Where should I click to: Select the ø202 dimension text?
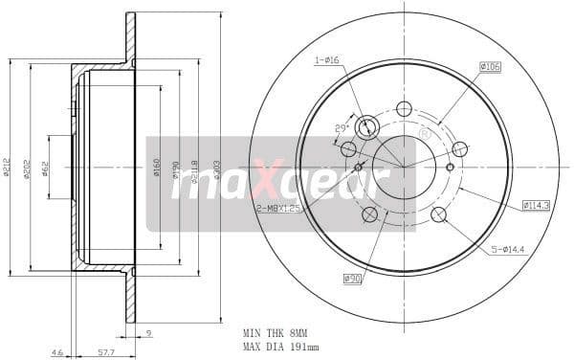[x=30, y=167]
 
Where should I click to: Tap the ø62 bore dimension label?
[x=47, y=167]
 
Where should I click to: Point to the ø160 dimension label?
[x=157, y=168]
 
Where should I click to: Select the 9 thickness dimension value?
[x=148, y=333]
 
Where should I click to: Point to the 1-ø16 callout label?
[x=327, y=60]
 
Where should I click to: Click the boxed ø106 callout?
[x=491, y=66]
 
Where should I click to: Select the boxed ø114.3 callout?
[x=536, y=205]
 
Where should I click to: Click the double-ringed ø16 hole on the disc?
[x=366, y=127]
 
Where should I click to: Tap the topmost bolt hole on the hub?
[x=404, y=108]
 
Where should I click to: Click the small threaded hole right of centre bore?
[x=448, y=167]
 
